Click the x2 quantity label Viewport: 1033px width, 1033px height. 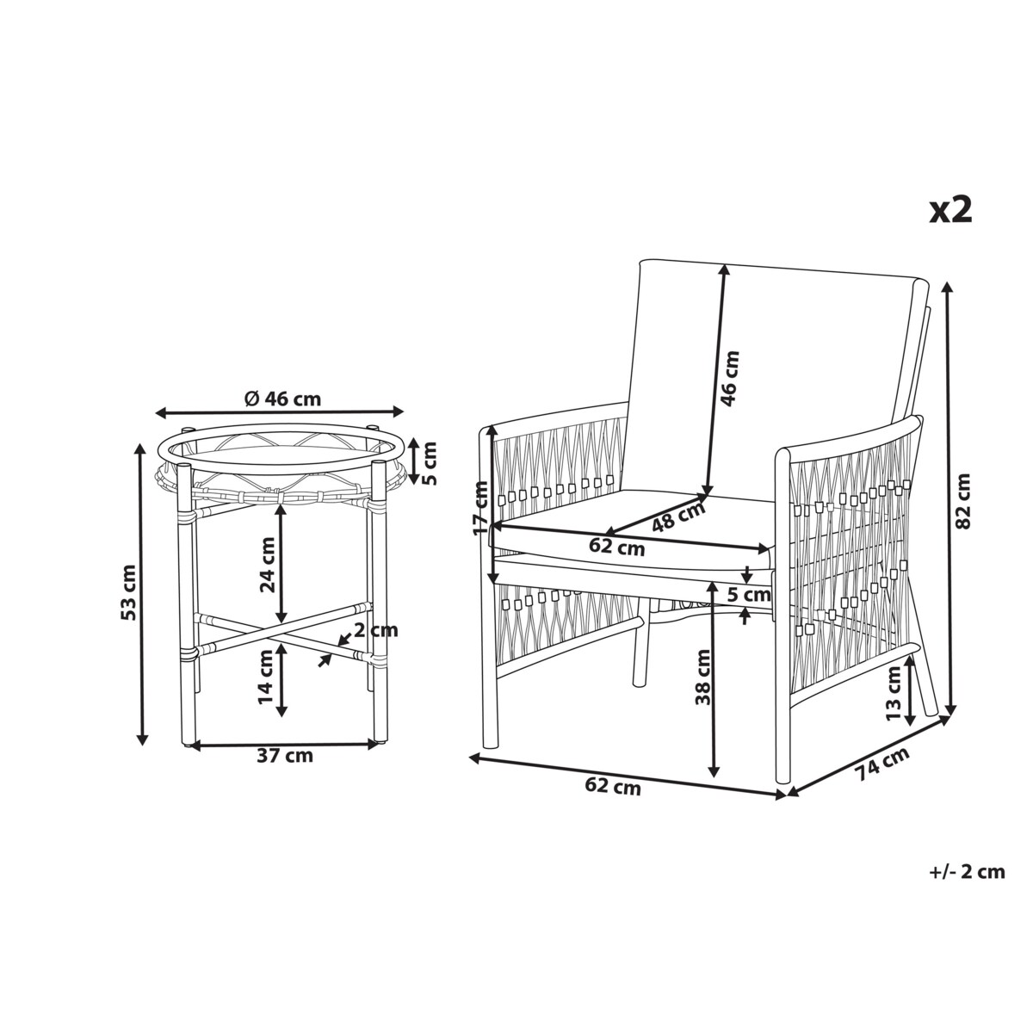click(950, 211)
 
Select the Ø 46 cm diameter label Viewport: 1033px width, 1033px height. click(282, 398)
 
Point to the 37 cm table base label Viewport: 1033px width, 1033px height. click(285, 757)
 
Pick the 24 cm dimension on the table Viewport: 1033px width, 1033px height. click(267, 565)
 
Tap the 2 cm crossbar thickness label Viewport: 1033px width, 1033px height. click(377, 630)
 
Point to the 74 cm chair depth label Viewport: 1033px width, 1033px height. click(882, 764)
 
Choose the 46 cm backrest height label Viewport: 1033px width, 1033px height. click(731, 379)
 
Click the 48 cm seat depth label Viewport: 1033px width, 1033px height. click(678, 516)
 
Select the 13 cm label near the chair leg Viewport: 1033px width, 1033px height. click(893, 694)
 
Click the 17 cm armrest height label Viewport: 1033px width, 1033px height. click(480, 508)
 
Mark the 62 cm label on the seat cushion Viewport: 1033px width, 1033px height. click(616, 547)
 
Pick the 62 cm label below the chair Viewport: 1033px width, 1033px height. click(613, 787)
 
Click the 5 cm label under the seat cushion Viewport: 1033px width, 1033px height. click(749, 595)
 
